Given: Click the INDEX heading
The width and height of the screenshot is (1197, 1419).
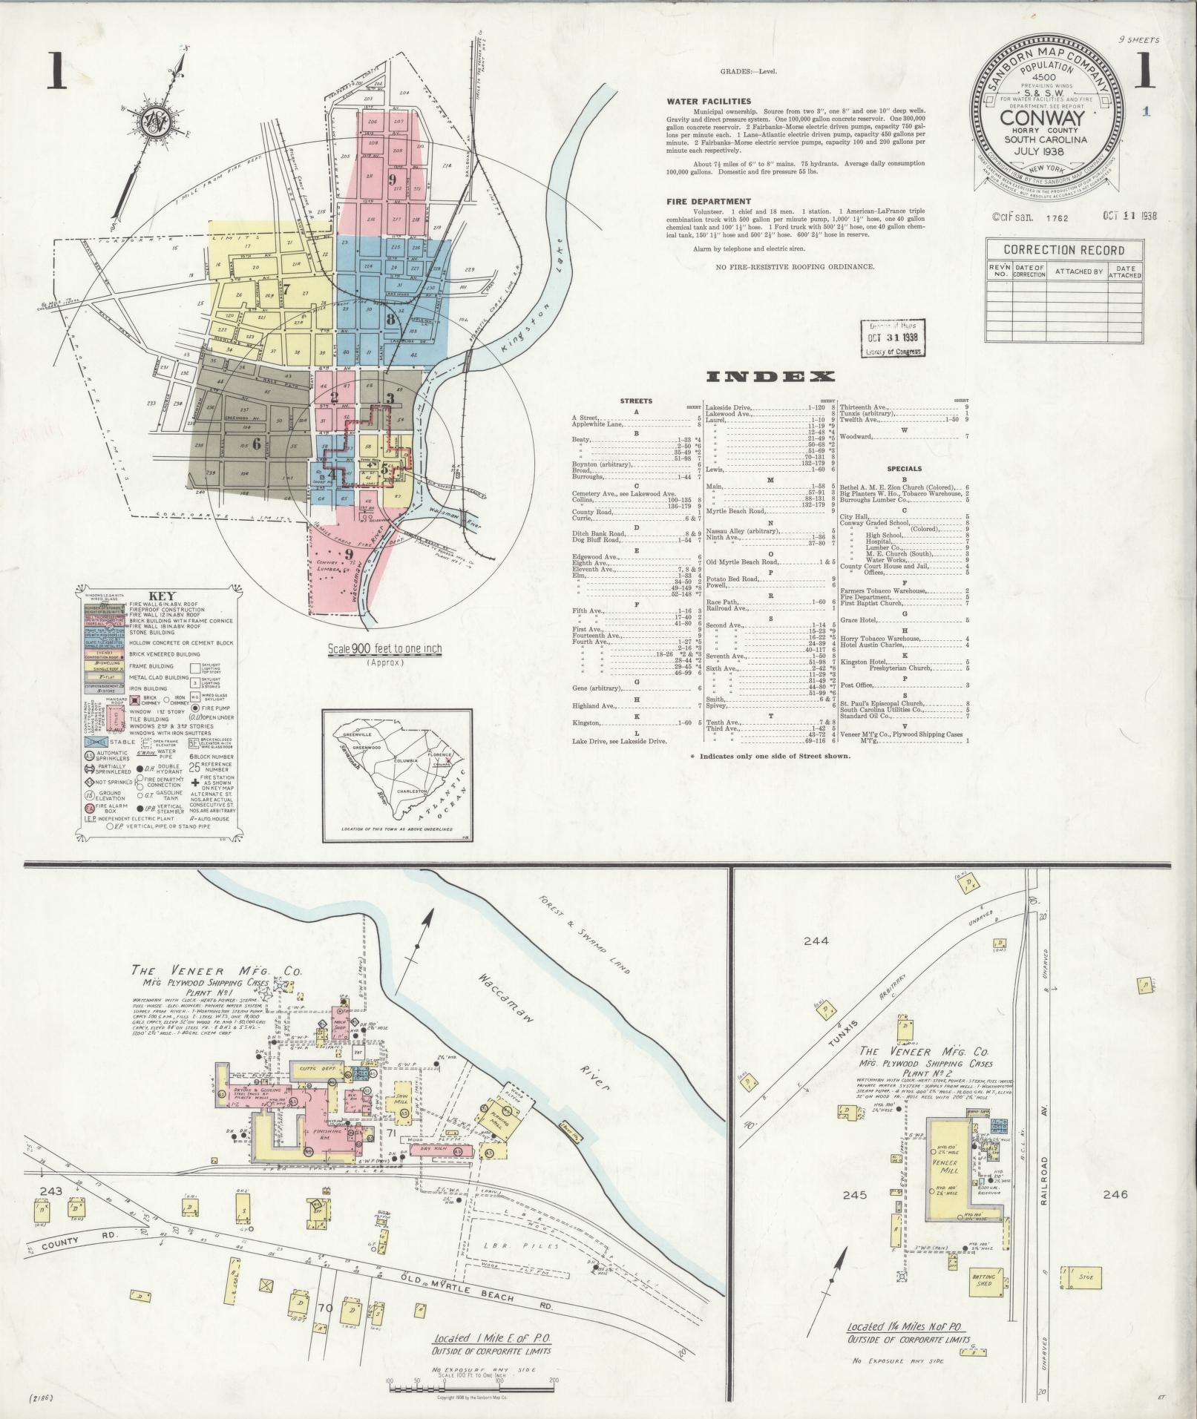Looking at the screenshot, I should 770,377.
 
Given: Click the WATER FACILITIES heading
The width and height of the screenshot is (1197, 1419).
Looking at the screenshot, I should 709,102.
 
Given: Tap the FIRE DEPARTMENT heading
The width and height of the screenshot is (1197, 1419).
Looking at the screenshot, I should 709,201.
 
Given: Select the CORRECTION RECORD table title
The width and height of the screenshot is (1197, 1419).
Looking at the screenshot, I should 1063,250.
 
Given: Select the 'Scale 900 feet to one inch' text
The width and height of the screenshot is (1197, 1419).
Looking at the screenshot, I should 384,649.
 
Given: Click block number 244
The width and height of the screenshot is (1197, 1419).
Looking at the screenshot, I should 816,941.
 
